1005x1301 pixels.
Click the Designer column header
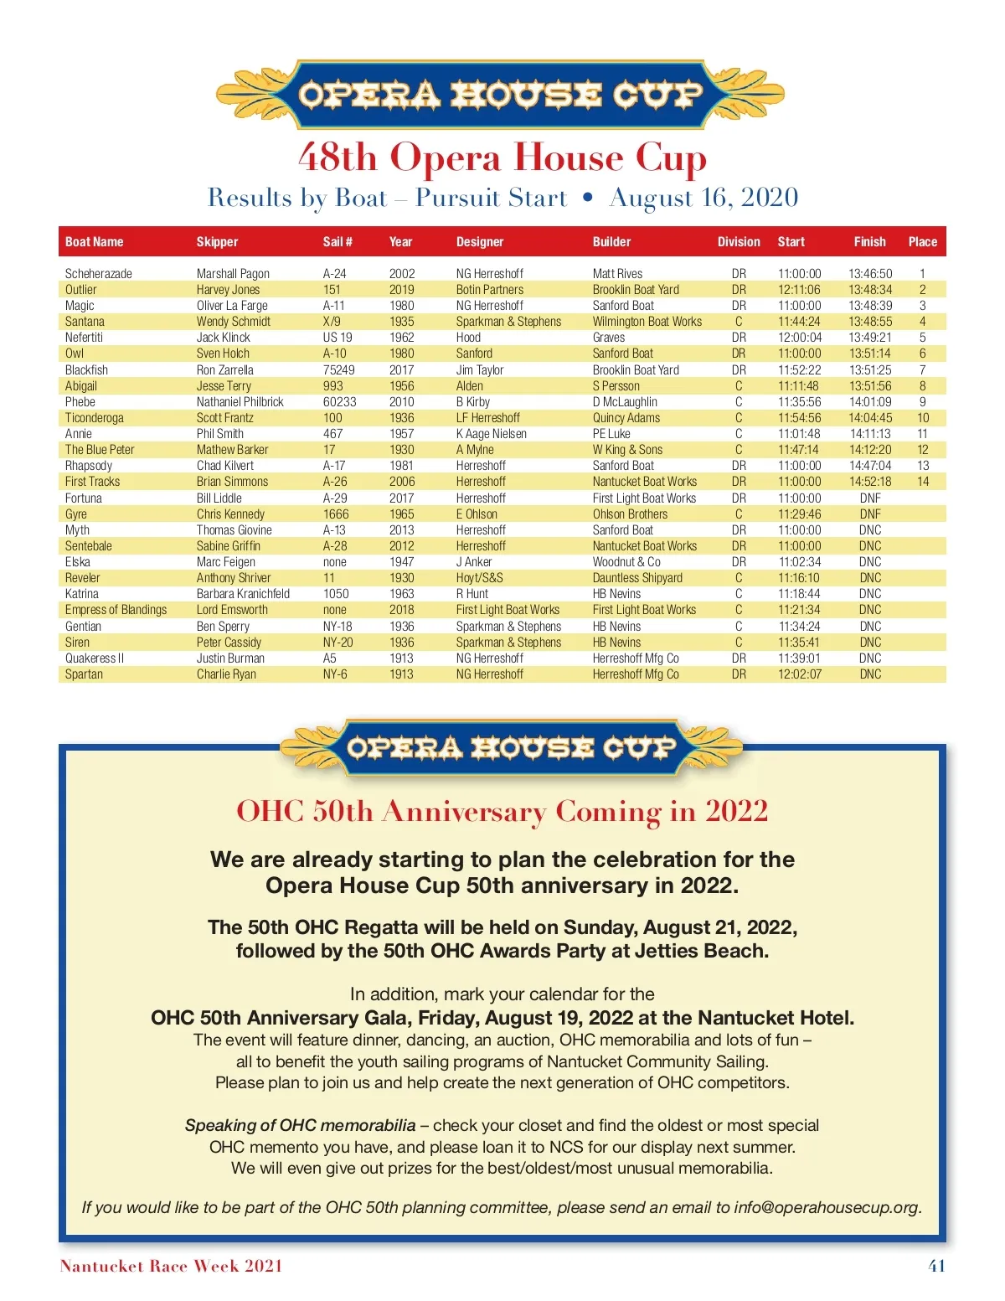point(480,242)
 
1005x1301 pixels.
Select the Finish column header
point(869,242)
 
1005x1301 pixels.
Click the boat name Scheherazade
point(99,274)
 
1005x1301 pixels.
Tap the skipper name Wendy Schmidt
point(234,322)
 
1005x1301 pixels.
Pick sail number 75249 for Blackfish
point(339,370)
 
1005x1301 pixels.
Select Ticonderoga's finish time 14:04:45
point(870,418)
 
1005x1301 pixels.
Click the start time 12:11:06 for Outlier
point(799,290)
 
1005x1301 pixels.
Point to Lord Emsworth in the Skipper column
point(232,610)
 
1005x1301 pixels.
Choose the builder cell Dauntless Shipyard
point(637,578)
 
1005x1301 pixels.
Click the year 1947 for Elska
point(401,562)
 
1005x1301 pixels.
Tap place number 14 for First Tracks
point(923,482)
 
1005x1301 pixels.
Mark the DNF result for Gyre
point(870,514)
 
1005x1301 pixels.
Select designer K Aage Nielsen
point(492,434)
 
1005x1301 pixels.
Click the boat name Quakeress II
point(95,658)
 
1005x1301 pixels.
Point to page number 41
point(936,1266)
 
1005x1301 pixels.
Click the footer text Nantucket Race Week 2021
point(171,1266)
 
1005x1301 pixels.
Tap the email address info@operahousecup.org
point(827,1207)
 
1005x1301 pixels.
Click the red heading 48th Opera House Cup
point(502,157)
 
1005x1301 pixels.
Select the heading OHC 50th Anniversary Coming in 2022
point(502,811)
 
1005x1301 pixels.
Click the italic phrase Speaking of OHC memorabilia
point(300,1125)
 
